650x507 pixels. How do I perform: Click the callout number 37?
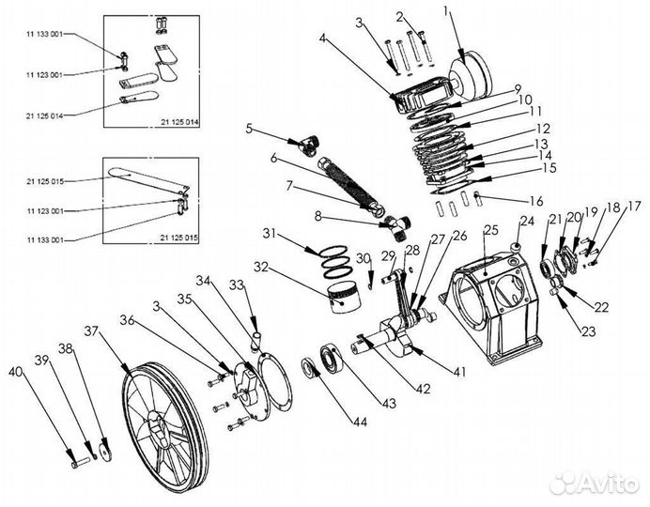point(91,330)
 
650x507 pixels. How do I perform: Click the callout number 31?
point(271,233)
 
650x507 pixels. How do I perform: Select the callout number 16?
point(536,201)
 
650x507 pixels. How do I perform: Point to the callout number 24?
point(525,222)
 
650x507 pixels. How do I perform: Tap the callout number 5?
point(249,128)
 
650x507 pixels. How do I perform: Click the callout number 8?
point(317,217)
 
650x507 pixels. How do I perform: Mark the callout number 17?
point(634,207)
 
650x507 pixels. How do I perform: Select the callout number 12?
point(543,129)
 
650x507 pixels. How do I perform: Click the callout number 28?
point(411,248)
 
